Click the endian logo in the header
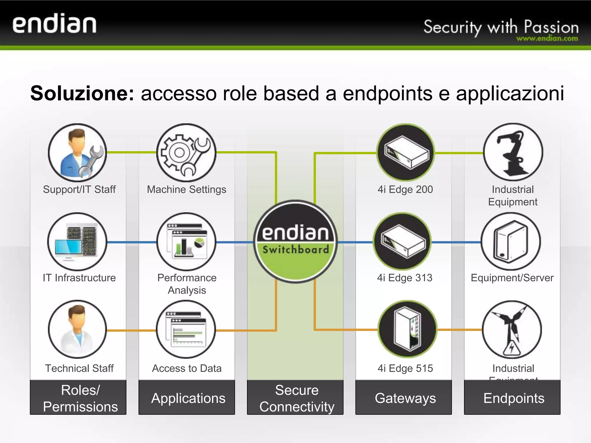pos(54,25)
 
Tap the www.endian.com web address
pos(547,39)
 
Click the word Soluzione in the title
pos(82,93)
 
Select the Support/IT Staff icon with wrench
pos(77,153)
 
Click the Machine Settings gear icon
pos(186,153)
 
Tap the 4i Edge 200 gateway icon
pos(406,153)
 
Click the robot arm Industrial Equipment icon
pos(513,153)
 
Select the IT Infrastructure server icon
pos(77,242)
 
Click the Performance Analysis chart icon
pos(186,242)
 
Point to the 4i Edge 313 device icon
pos(402,242)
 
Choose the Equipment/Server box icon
pos(511,242)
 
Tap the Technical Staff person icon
pos(77,329)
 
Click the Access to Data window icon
pos(186,329)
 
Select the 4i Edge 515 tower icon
pos(407,329)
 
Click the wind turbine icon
pos(512,329)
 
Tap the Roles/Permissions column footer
pos(78,398)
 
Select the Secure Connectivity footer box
pos(295,398)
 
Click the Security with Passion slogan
pos(501,27)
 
